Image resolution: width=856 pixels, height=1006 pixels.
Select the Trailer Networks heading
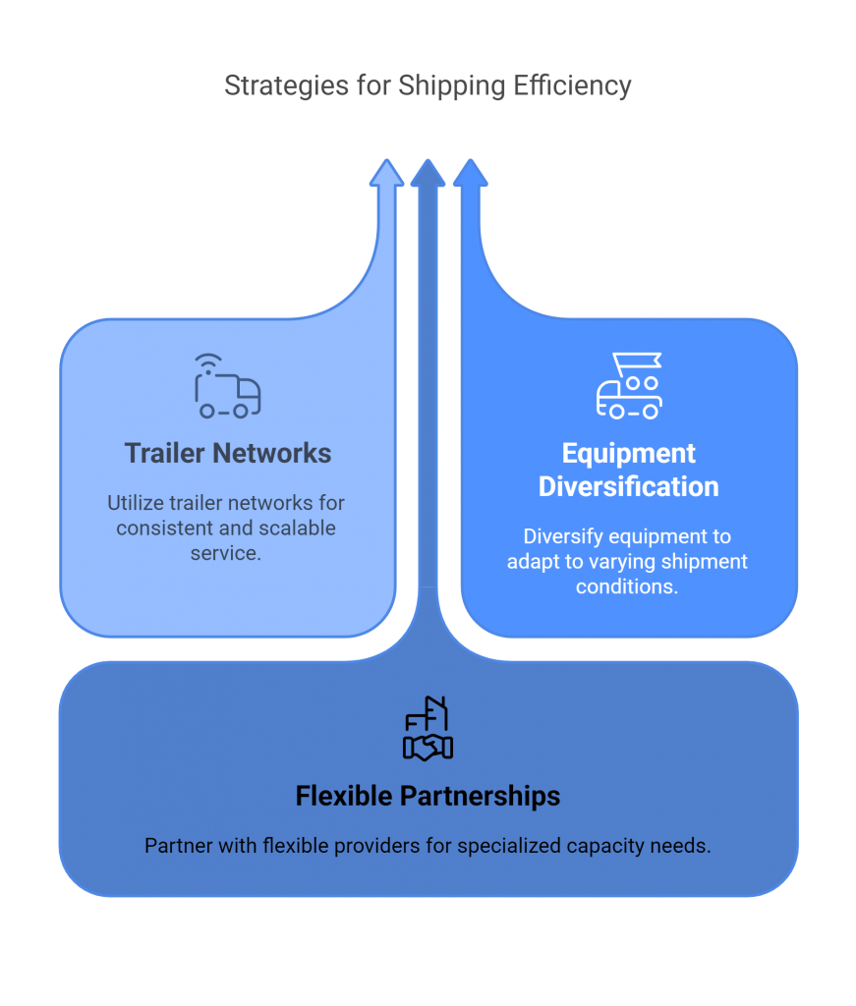(x=228, y=453)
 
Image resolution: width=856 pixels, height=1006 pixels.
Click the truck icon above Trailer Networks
(x=227, y=386)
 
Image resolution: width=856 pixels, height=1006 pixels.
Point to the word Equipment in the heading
(x=629, y=453)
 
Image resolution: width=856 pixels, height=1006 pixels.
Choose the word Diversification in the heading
(x=629, y=486)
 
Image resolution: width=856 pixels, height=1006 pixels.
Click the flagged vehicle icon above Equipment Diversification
(x=629, y=386)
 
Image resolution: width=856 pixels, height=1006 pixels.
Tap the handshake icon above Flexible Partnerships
(x=428, y=728)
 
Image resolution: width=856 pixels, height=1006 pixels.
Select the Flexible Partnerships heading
(x=428, y=795)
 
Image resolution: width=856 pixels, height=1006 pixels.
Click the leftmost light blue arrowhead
(x=386, y=173)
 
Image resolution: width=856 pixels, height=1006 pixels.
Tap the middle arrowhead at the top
(x=428, y=173)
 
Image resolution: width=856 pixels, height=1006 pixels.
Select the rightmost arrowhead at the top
(x=470, y=173)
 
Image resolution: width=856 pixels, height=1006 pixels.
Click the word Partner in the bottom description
(x=178, y=845)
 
